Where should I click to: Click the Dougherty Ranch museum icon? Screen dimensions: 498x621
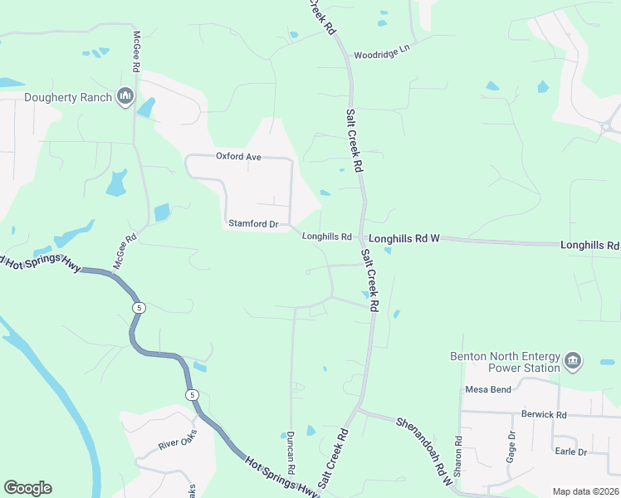point(126,97)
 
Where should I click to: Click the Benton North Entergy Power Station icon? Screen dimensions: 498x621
point(573,361)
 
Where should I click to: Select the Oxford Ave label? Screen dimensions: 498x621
point(238,156)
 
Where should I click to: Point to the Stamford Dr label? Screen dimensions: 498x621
point(252,224)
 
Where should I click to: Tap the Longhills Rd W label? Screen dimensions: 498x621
point(403,238)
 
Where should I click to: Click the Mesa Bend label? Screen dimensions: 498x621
point(488,389)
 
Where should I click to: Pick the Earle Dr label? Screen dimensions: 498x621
point(570,452)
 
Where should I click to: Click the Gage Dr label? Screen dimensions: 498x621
point(511,447)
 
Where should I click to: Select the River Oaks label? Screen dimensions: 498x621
point(178,440)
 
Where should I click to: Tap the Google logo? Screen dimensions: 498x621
point(27,488)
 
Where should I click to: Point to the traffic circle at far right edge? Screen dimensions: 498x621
point(608,126)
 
